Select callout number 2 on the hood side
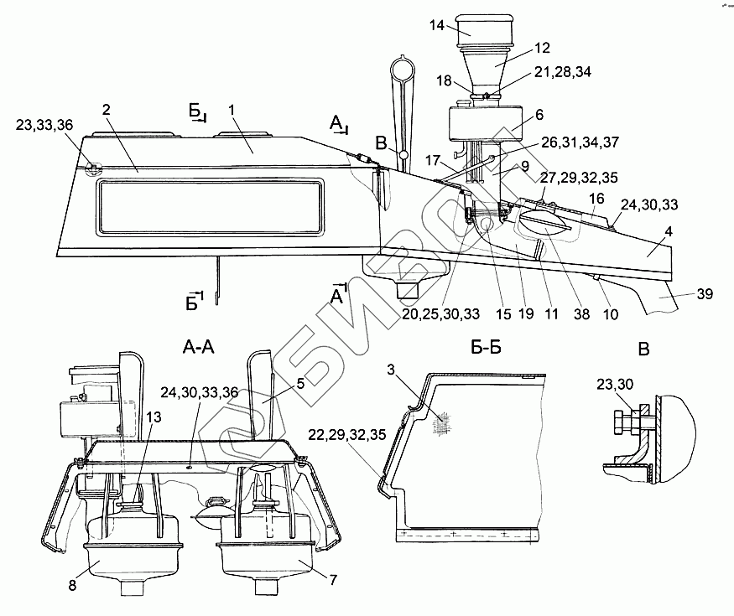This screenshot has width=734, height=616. coord(107,110)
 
